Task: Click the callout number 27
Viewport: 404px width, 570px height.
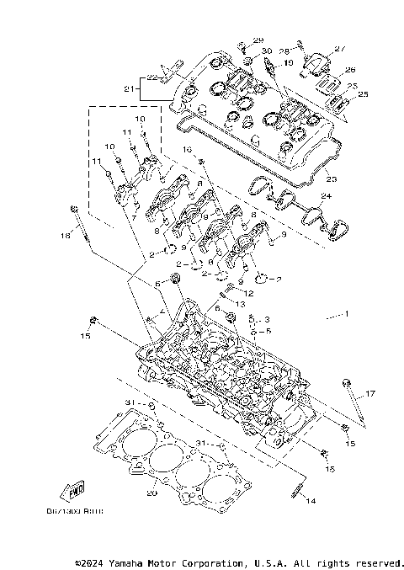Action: [341, 49]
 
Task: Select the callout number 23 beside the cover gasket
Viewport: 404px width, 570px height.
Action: [331, 178]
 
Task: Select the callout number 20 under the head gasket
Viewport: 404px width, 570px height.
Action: [152, 493]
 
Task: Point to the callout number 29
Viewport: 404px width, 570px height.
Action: [258, 40]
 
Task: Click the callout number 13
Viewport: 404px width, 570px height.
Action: [241, 304]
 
